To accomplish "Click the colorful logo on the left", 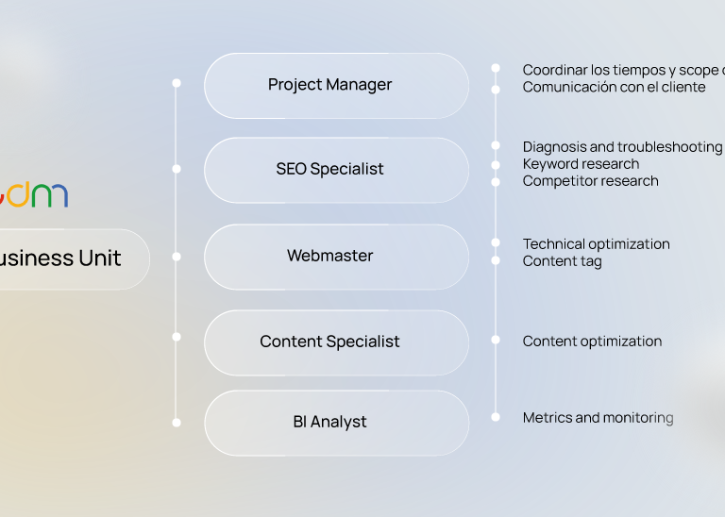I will click(34, 194).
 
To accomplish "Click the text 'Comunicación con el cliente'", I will click(614, 87).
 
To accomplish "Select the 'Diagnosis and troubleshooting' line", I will click(622, 147).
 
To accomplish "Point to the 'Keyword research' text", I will click(581, 164).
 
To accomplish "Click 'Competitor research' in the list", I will click(590, 181).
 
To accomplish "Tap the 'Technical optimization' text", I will click(596, 244).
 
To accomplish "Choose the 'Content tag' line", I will click(562, 261).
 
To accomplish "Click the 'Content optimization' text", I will click(592, 342).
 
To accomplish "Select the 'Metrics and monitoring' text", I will click(598, 418).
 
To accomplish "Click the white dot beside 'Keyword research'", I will click(496, 164).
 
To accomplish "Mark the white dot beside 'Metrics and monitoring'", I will click(496, 417).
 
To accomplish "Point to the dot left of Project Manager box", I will click(177, 83).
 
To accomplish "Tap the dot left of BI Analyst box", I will click(177, 423).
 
